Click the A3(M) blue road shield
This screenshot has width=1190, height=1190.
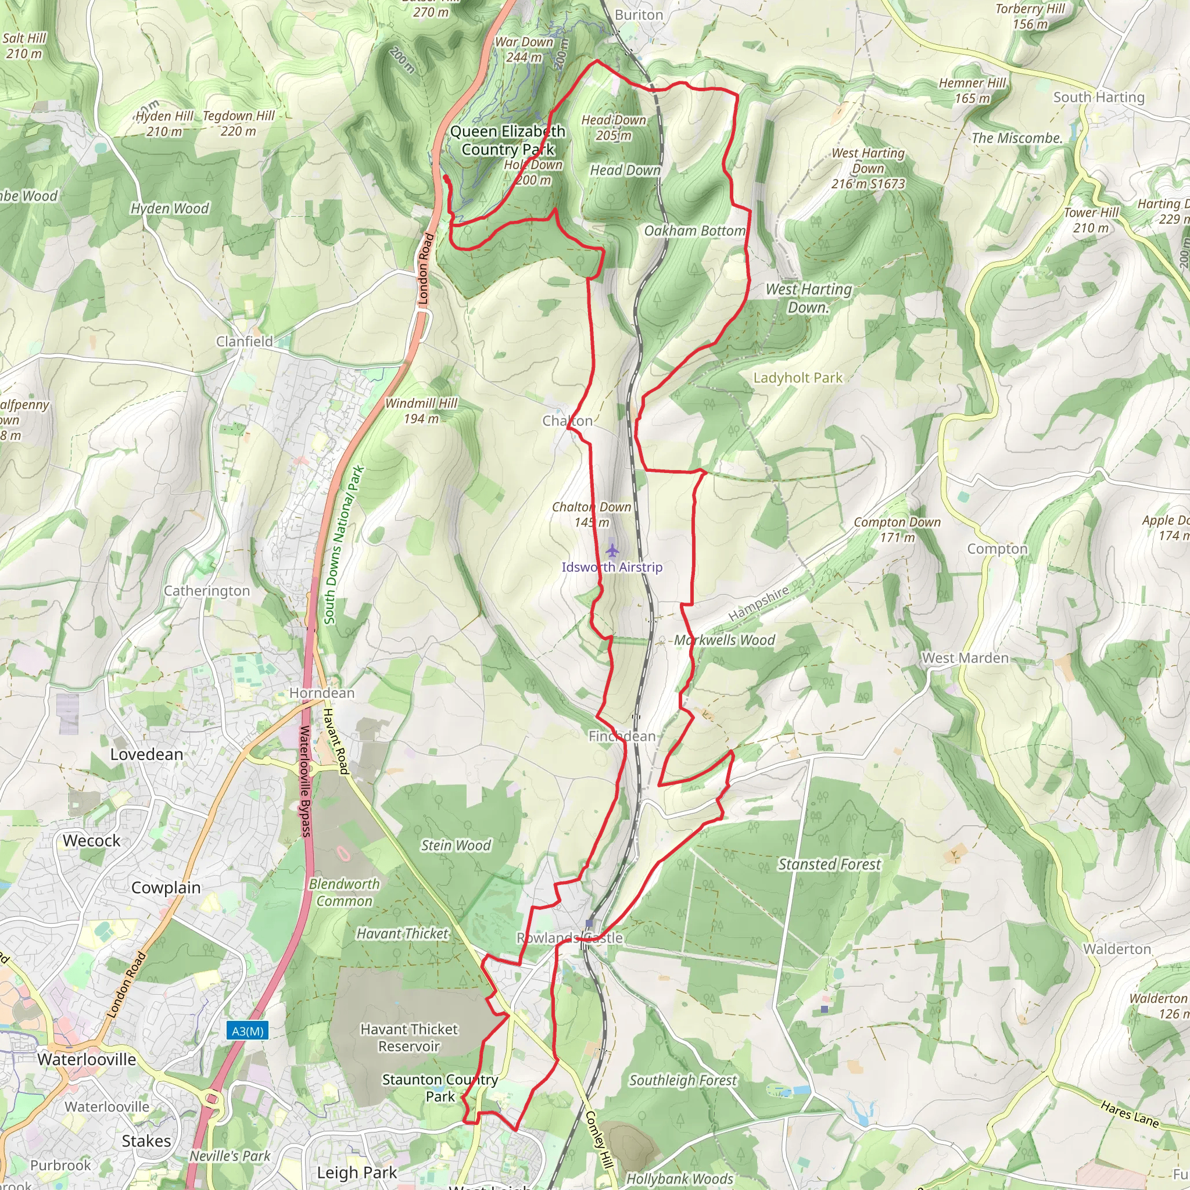[248, 1030]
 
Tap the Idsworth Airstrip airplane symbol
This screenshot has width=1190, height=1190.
[612, 550]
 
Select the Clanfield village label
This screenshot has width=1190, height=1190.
[244, 341]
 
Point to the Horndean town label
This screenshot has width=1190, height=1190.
[321, 693]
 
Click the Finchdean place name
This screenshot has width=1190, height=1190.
[622, 736]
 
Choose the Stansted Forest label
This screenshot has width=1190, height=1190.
[829, 864]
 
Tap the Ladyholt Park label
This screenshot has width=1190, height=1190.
[798, 378]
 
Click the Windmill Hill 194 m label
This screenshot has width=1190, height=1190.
[421, 411]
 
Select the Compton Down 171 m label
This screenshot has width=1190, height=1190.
[897, 530]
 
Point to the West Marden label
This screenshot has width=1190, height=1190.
[965, 658]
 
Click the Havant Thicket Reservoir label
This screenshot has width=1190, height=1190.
[409, 1037]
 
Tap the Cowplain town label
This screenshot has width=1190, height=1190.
[166, 888]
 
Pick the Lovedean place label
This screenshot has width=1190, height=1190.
[146, 755]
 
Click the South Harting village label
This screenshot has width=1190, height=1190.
[1098, 97]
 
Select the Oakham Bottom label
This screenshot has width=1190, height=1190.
[694, 231]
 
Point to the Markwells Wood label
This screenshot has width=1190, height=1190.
[725, 640]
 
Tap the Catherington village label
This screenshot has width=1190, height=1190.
[206, 591]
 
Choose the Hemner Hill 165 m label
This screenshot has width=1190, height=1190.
[972, 91]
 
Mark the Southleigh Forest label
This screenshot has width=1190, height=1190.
[683, 1080]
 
